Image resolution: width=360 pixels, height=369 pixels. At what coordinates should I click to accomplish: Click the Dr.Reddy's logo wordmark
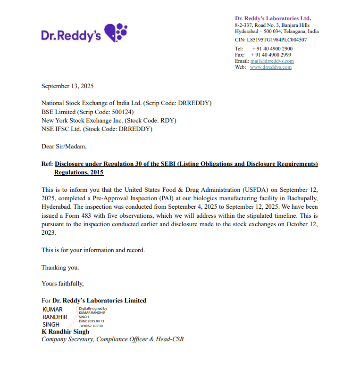click(71, 35)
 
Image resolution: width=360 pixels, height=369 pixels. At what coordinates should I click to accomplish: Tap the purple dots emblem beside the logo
click(116, 33)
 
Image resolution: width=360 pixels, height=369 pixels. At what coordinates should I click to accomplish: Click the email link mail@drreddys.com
click(272, 61)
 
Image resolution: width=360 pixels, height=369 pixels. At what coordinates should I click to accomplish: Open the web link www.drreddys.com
click(270, 67)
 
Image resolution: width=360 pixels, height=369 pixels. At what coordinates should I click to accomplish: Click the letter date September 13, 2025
click(67, 86)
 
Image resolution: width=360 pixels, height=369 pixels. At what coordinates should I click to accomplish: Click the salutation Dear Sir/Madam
click(64, 147)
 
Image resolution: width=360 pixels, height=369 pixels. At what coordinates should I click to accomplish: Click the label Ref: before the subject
click(47, 164)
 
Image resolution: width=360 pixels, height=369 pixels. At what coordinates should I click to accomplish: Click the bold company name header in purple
click(273, 18)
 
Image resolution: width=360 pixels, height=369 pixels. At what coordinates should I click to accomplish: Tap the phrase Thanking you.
click(60, 267)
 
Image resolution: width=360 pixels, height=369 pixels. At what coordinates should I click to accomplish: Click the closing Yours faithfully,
click(62, 284)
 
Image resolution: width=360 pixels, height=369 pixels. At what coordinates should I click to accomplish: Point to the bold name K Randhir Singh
click(65, 331)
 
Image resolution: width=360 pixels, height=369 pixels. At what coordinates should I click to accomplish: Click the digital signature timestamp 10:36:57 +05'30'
click(91, 326)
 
